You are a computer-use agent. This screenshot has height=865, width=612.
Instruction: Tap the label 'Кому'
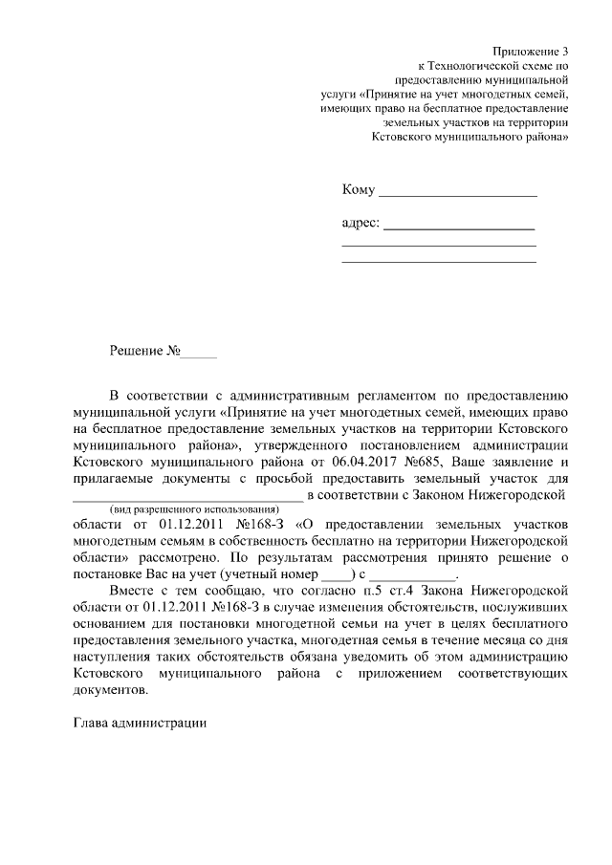click(x=358, y=190)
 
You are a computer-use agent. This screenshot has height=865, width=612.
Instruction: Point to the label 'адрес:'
click(x=361, y=225)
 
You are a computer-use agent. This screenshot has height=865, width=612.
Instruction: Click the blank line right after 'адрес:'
click(x=459, y=228)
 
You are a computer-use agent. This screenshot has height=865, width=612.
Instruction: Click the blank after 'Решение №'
click(x=199, y=355)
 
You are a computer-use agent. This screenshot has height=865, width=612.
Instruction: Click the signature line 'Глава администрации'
click(x=140, y=723)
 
